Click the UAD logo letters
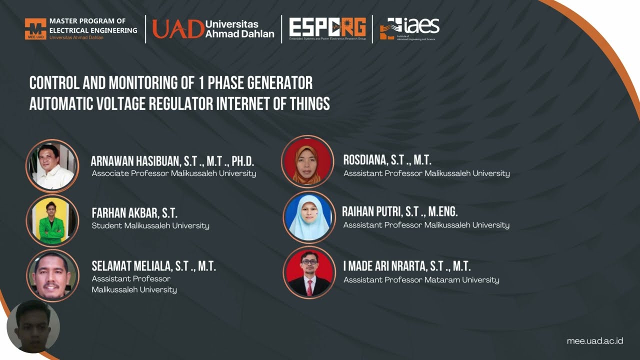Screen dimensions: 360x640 coord(178,29)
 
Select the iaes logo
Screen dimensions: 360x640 coord(409,28)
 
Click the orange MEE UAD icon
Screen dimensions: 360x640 coord(35,29)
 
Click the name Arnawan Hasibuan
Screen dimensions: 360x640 coord(172,161)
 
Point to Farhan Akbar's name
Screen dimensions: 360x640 coord(134,213)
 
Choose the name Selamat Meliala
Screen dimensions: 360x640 coord(153,266)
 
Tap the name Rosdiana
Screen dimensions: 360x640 coord(387,160)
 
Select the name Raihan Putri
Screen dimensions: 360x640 coord(399,211)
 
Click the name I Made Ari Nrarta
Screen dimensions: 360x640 coord(406,266)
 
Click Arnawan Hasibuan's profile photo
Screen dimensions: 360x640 coord(52,166)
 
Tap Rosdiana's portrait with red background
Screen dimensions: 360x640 coord(307,161)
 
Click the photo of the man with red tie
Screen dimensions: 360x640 coord(309,272)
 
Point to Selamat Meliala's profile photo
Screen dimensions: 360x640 coord(52,275)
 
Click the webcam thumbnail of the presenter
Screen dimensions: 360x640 coord(33,327)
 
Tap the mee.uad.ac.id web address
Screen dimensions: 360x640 coord(594,341)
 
